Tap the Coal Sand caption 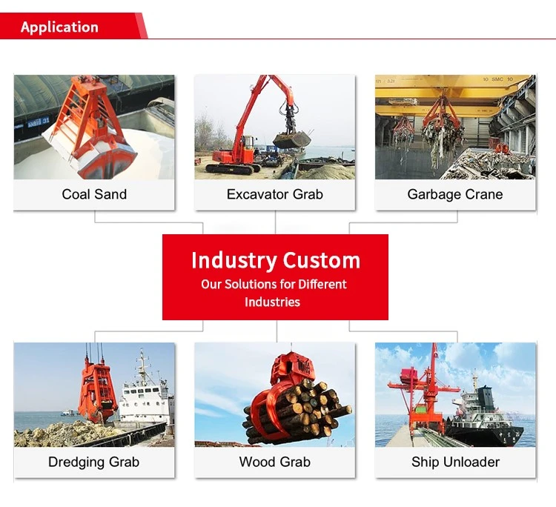[94, 194]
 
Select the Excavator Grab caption [275, 194]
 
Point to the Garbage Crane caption [455, 194]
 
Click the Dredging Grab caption [93, 462]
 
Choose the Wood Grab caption [275, 462]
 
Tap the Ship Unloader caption [455, 462]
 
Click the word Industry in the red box [234, 261]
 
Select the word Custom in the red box [321, 261]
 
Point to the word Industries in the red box [272, 302]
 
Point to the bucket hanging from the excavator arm [291, 141]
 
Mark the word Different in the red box [322, 285]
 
